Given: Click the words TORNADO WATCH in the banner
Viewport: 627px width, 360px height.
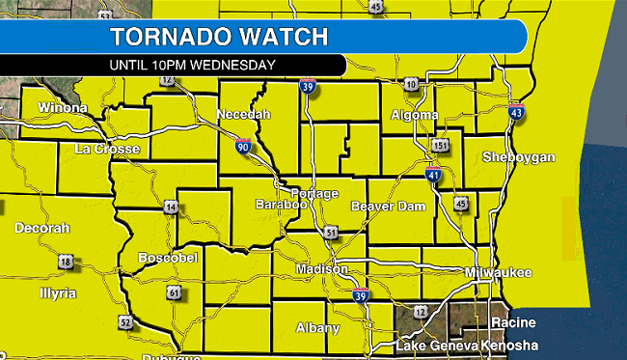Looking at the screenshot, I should [218, 38].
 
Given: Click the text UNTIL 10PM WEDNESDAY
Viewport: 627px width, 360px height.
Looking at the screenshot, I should [193, 65].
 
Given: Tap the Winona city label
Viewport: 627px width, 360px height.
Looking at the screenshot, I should [61, 107].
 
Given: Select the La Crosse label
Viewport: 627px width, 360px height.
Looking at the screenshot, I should [108, 149].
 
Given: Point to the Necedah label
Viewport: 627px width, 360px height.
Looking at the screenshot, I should [244, 115].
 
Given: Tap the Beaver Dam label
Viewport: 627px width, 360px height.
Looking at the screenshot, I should [385, 207].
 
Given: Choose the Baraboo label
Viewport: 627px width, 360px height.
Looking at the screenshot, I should [281, 205].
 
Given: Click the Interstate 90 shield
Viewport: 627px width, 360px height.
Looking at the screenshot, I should [242, 147].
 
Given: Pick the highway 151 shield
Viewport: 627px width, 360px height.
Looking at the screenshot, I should [440, 145].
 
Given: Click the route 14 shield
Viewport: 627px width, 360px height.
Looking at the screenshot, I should [170, 208].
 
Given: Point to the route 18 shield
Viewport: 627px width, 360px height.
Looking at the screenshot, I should [66, 262].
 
